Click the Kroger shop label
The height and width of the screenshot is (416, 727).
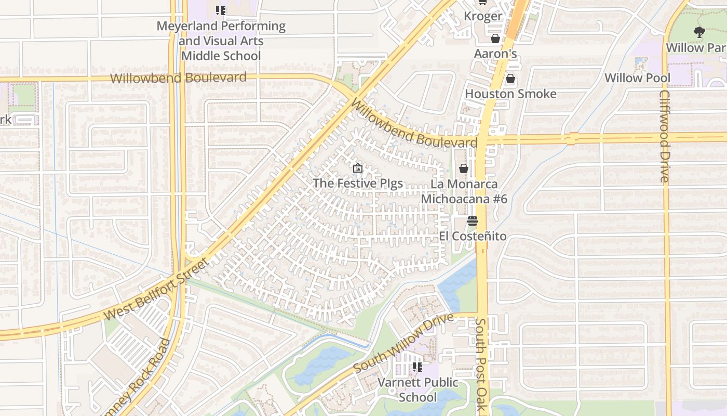coord(483,16)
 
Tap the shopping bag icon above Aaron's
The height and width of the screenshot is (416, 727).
coord(495,39)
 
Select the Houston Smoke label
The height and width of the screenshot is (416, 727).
coord(510,94)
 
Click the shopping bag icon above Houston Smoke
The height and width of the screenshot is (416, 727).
coord(510,79)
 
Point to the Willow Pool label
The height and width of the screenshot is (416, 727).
coord(637,78)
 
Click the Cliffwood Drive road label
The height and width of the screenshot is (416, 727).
coord(665,136)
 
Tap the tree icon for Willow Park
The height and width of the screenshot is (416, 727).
coord(699,32)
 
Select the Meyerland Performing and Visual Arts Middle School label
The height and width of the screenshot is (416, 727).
coord(221,41)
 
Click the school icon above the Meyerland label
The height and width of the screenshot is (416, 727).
coord(221,10)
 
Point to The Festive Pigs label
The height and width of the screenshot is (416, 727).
coord(358,184)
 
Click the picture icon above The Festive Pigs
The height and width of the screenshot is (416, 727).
coord(357,168)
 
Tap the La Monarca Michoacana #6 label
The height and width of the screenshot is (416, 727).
coord(464,191)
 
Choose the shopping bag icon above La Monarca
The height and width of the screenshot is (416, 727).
coord(464,169)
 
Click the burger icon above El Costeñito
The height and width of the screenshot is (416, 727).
coord(472,221)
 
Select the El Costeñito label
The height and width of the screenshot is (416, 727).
coord(472,236)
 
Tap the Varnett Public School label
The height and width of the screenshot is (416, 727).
coord(418,389)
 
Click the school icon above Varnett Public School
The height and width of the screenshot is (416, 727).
coord(417,367)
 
